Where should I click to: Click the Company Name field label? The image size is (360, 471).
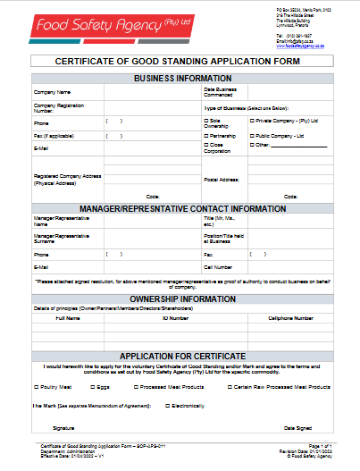52,92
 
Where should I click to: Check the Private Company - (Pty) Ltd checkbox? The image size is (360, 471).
252,120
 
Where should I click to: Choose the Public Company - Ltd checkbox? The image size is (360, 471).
252,136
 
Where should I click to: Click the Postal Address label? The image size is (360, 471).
222,180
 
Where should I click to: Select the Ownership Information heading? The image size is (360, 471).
183,299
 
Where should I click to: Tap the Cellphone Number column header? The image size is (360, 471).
291,317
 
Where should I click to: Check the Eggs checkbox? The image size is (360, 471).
92,387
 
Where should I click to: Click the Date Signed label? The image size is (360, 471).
297,428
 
